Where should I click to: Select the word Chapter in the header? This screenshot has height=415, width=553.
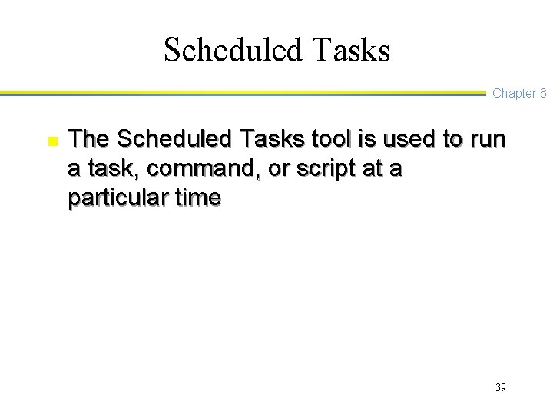[514, 94]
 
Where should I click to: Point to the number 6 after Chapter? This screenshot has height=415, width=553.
[542, 94]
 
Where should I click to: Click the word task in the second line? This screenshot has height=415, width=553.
[104, 169]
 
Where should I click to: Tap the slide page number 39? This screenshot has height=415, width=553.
[500, 387]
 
